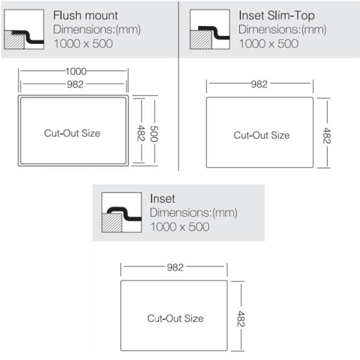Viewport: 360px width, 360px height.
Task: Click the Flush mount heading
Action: click(x=86, y=16)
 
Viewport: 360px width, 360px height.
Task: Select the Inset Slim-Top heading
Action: click(x=276, y=16)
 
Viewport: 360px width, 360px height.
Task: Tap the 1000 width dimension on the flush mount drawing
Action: click(x=76, y=71)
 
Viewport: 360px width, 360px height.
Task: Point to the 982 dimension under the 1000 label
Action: click(x=75, y=84)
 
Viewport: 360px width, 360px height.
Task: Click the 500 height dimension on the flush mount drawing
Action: click(x=154, y=133)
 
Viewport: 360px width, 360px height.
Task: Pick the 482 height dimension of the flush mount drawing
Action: click(x=141, y=132)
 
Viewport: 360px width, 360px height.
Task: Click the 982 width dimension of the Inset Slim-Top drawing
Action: click(x=259, y=84)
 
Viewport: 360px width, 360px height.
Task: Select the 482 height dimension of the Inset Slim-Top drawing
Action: click(x=327, y=135)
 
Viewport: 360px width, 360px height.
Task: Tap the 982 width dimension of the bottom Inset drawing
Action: click(x=175, y=267)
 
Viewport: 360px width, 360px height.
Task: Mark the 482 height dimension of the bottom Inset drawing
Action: click(x=240, y=319)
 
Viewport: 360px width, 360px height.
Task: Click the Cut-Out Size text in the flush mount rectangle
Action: click(x=72, y=133)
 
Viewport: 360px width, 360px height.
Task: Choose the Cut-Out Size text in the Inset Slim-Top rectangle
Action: click(x=261, y=135)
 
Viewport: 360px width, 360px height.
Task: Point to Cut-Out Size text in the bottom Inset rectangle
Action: click(x=176, y=318)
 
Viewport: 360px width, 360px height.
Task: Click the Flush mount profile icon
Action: click(x=24, y=30)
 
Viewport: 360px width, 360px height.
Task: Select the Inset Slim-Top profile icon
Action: click(x=210, y=30)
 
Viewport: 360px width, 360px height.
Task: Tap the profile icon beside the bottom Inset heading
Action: click(x=122, y=212)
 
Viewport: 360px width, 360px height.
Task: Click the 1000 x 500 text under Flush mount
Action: click(x=84, y=44)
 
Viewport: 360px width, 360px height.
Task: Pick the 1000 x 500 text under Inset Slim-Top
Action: click(x=269, y=44)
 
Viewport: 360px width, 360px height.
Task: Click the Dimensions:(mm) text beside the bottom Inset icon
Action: click(x=194, y=212)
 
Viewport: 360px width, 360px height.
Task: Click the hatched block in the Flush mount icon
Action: click(x=14, y=40)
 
